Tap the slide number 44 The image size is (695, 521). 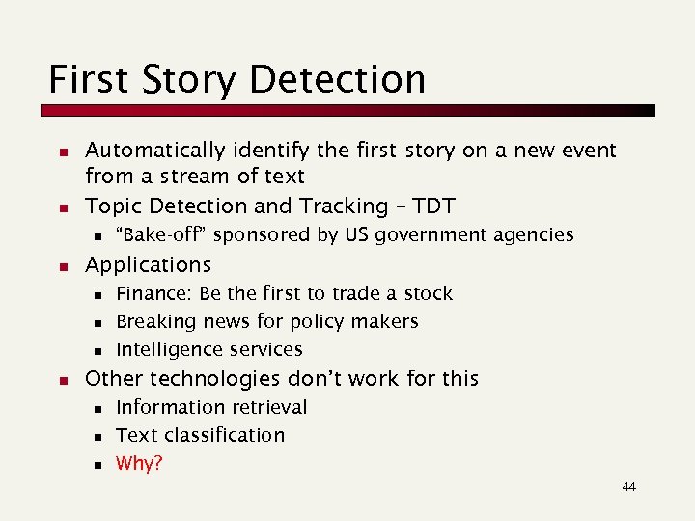coord(628,487)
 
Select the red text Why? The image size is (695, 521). coord(139,464)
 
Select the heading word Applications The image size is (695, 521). coord(148,264)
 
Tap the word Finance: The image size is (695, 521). coord(153,293)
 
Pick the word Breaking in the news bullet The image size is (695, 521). coord(152,321)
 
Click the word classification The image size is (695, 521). coord(225,435)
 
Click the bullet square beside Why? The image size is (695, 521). coord(97,465)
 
